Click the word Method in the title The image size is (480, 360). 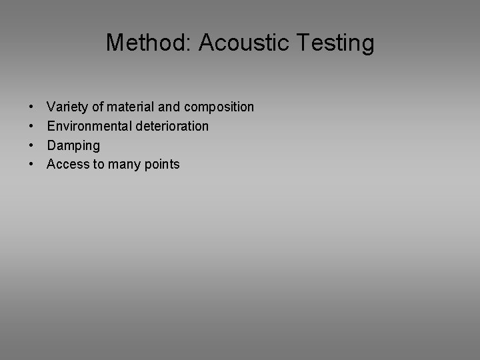pos(146,43)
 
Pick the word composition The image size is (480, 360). pos(219,107)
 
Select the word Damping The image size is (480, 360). pos(73,146)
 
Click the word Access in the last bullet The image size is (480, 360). pos(67,164)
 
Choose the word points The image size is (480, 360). pos(162,165)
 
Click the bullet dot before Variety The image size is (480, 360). pos(32,107)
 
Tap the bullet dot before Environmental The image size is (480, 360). pos(32,127)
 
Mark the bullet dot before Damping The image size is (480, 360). pos(32,145)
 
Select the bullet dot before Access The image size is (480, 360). pos(32,165)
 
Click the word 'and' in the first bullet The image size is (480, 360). pos(171,107)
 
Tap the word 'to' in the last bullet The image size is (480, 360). pos(100,165)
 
